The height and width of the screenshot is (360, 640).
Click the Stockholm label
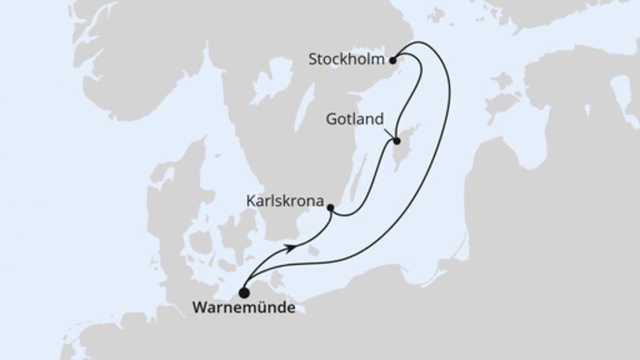(346, 59)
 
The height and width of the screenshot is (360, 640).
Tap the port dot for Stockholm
(393, 59)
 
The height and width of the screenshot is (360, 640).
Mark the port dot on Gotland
(396, 142)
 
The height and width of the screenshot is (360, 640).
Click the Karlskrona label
(286, 205)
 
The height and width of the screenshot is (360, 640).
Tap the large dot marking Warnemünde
(243, 292)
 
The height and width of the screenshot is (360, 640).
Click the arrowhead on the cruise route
(297, 248)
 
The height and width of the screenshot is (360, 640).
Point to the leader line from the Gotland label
(388, 132)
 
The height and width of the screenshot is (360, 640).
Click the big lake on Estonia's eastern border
(621, 96)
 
